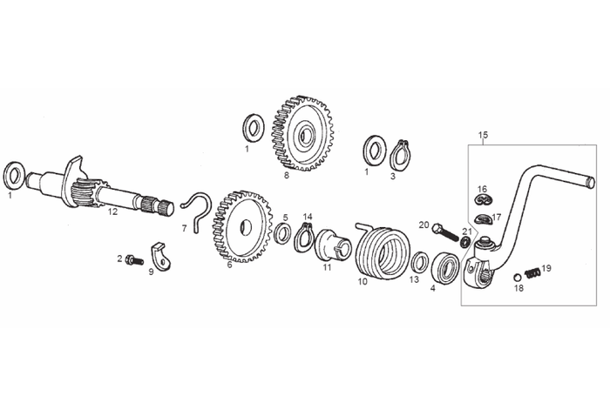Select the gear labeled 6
click(x=242, y=226)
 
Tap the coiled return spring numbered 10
click(x=383, y=252)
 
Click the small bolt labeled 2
click(x=134, y=260)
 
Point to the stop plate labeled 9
click(x=161, y=257)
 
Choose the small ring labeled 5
click(x=283, y=234)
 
